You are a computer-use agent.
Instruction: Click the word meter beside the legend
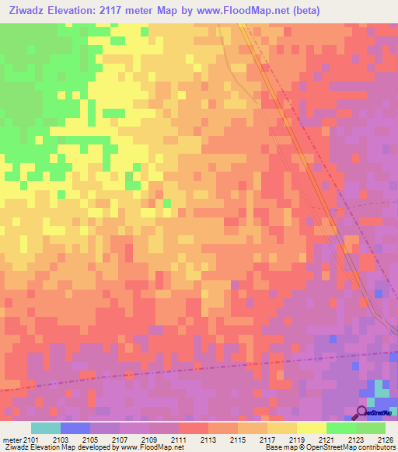point(12,440)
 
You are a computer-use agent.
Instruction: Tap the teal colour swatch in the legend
point(46,428)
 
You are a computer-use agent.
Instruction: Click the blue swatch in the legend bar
point(75,428)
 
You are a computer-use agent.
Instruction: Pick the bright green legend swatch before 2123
point(340,428)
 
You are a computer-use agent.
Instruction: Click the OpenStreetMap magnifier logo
point(362,412)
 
